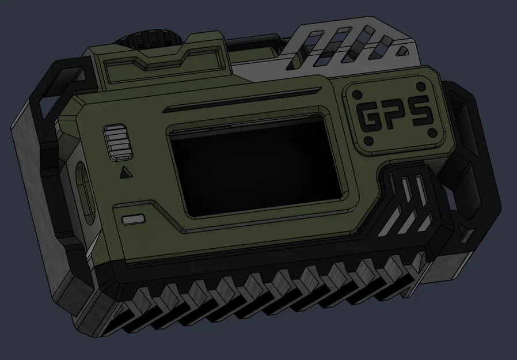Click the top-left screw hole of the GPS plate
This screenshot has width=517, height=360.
tap(355, 94)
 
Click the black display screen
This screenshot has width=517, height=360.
tap(257, 166)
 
